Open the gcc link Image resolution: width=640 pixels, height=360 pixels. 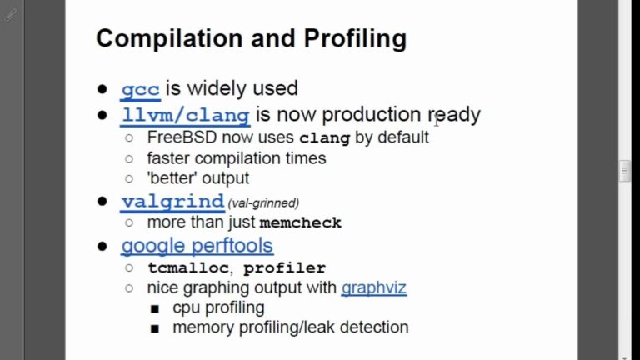pos(140,88)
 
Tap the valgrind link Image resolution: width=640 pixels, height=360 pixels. pos(172,202)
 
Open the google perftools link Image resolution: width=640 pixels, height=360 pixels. pos(197,246)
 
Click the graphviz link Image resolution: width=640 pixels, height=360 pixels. pos(373,288)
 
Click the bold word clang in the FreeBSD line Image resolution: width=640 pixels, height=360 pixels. pos(324,137)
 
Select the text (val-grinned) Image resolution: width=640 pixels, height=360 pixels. pos(263,202)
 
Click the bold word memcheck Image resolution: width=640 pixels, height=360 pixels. pos(300,223)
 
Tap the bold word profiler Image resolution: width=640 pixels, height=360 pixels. pos(284,268)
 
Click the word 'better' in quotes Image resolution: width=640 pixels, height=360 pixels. pos(173,178)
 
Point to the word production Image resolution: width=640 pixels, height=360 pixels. pos(372,114)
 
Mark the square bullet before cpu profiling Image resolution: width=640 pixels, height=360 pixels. pos(155,308)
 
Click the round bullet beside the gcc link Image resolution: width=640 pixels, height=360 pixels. pos(102,89)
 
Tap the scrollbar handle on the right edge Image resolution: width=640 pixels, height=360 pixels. pos(625,171)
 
